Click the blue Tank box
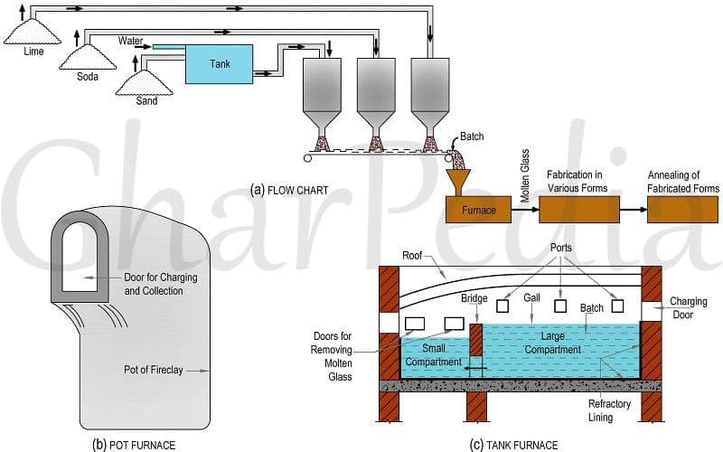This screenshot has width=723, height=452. click(x=220, y=64)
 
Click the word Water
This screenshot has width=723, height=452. click(x=130, y=41)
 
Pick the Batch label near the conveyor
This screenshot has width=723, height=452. click(x=472, y=137)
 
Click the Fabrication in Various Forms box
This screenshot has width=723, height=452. click(x=577, y=209)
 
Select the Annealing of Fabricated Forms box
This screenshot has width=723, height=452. click(x=683, y=209)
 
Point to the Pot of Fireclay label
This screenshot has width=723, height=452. click(x=156, y=370)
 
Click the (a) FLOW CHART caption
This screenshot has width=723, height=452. click(x=290, y=190)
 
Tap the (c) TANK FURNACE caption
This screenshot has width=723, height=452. click(x=514, y=444)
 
